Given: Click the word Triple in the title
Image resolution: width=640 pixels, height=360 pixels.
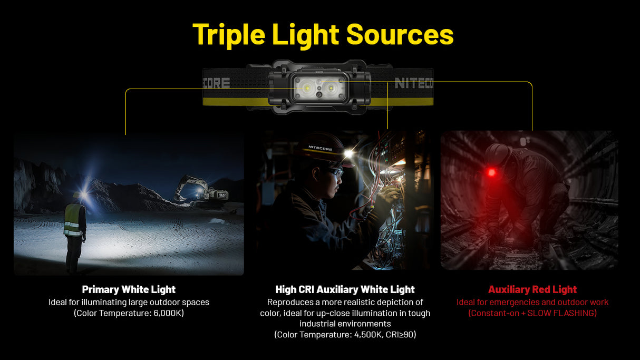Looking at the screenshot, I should coord(229,34).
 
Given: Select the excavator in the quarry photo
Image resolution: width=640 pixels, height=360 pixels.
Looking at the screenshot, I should coord(203,188).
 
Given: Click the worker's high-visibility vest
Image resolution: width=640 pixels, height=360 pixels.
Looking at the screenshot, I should coord(74,220).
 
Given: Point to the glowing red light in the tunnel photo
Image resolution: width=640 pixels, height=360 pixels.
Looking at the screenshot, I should coord(492,172).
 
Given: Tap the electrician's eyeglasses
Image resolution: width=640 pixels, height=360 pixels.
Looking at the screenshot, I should coord(333,171).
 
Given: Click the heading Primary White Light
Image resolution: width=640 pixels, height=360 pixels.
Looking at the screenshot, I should coord(129,289).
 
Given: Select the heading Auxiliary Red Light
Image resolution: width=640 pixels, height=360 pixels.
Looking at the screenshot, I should coord(532,289).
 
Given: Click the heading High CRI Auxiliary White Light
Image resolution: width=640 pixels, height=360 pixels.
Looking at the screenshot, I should coord(345,289).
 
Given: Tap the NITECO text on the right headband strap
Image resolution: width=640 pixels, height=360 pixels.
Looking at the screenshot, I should coord(413,83).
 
